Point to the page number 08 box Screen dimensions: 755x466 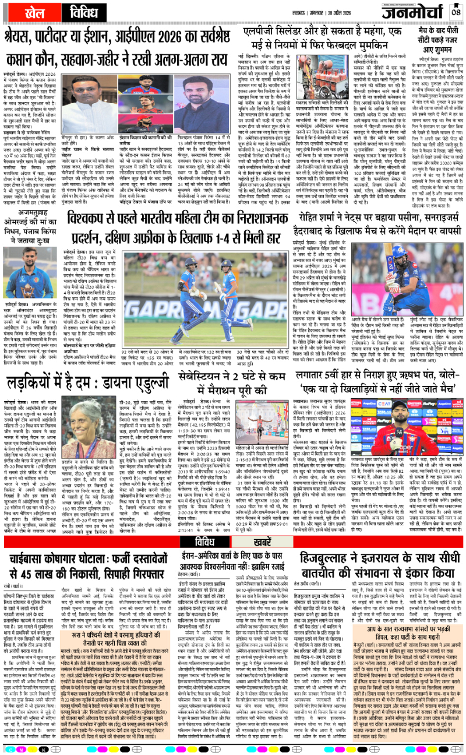tap(456, 12)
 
